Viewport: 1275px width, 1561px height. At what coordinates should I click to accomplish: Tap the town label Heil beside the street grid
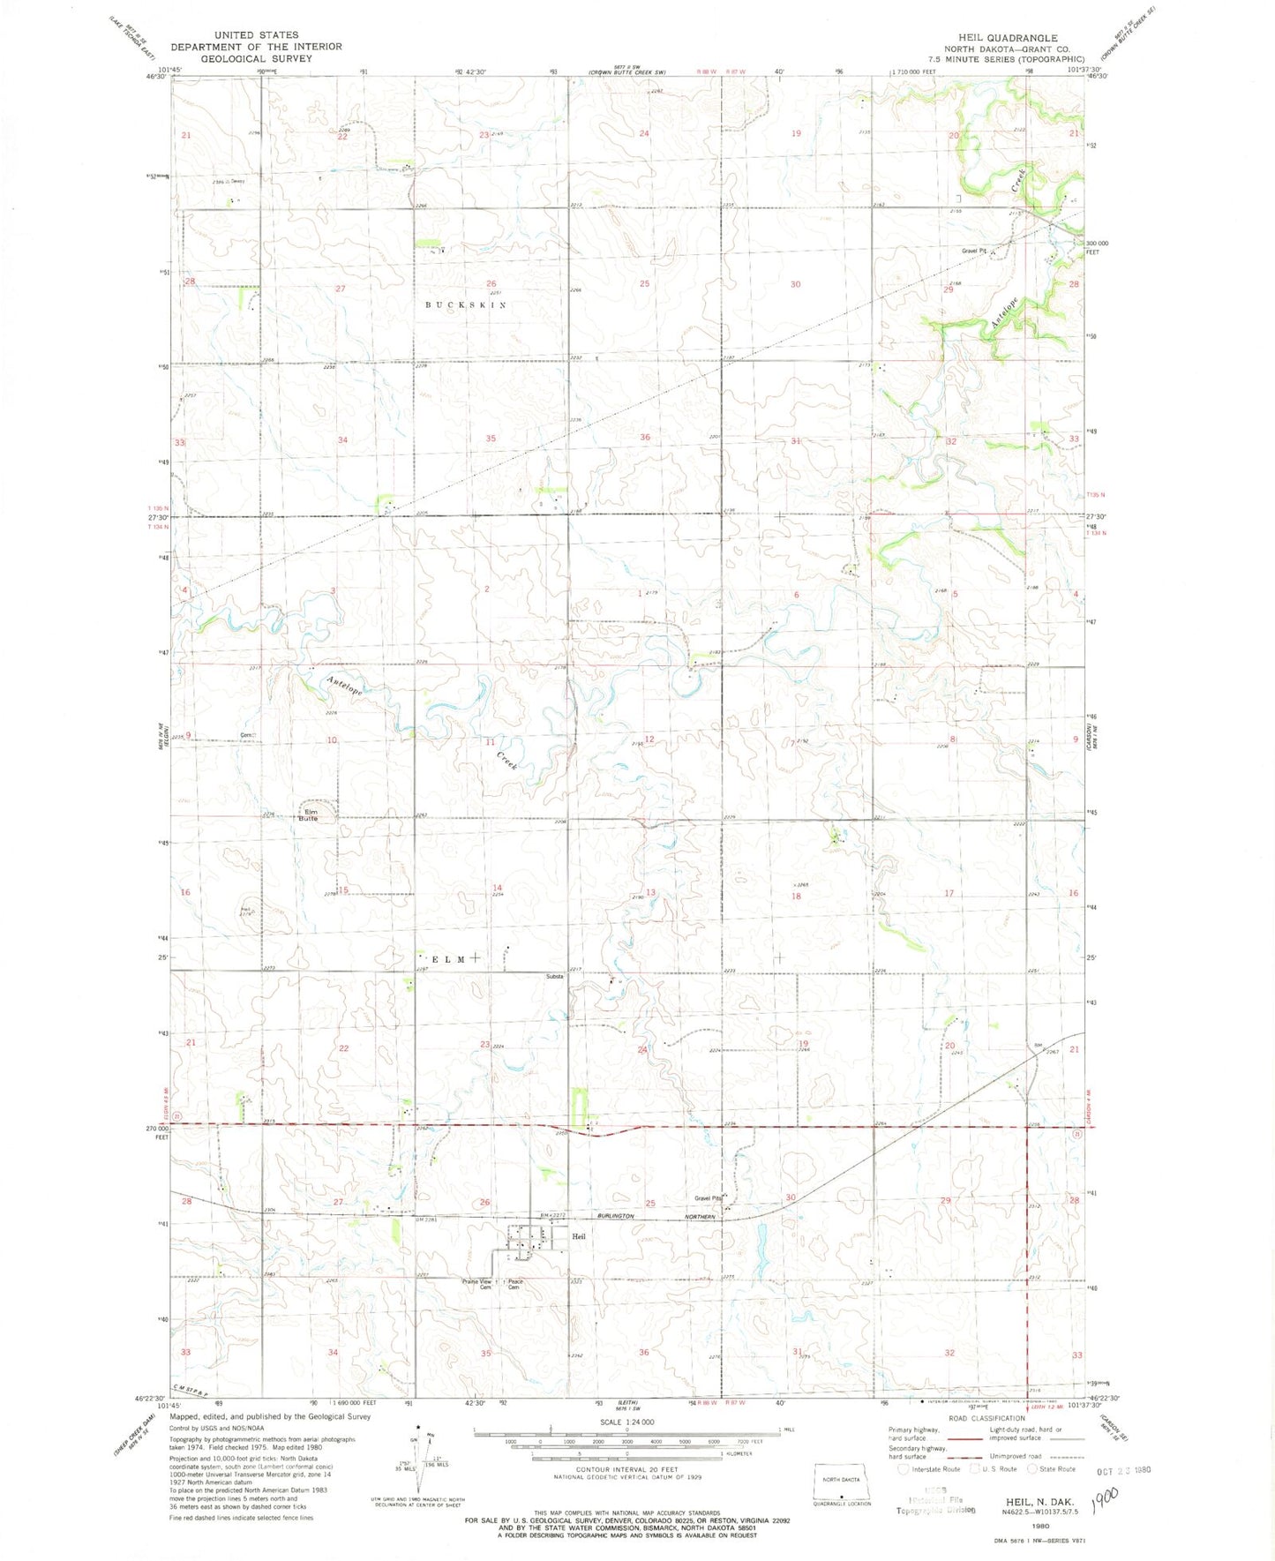(x=578, y=1236)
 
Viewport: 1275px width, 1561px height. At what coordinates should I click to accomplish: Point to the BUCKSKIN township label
(x=466, y=304)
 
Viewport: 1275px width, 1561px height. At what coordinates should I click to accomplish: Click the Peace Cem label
(x=515, y=1285)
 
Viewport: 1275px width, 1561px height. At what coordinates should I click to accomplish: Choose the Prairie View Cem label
(x=477, y=1284)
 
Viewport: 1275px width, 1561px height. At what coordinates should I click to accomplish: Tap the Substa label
(x=555, y=976)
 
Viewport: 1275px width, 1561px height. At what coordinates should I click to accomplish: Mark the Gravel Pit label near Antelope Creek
(x=974, y=251)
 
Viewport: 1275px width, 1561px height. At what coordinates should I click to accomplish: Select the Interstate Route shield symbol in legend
(x=902, y=1469)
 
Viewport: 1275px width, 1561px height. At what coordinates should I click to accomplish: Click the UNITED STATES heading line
(x=256, y=35)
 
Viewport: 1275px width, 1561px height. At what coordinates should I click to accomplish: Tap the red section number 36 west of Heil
(x=644, y=1353)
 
